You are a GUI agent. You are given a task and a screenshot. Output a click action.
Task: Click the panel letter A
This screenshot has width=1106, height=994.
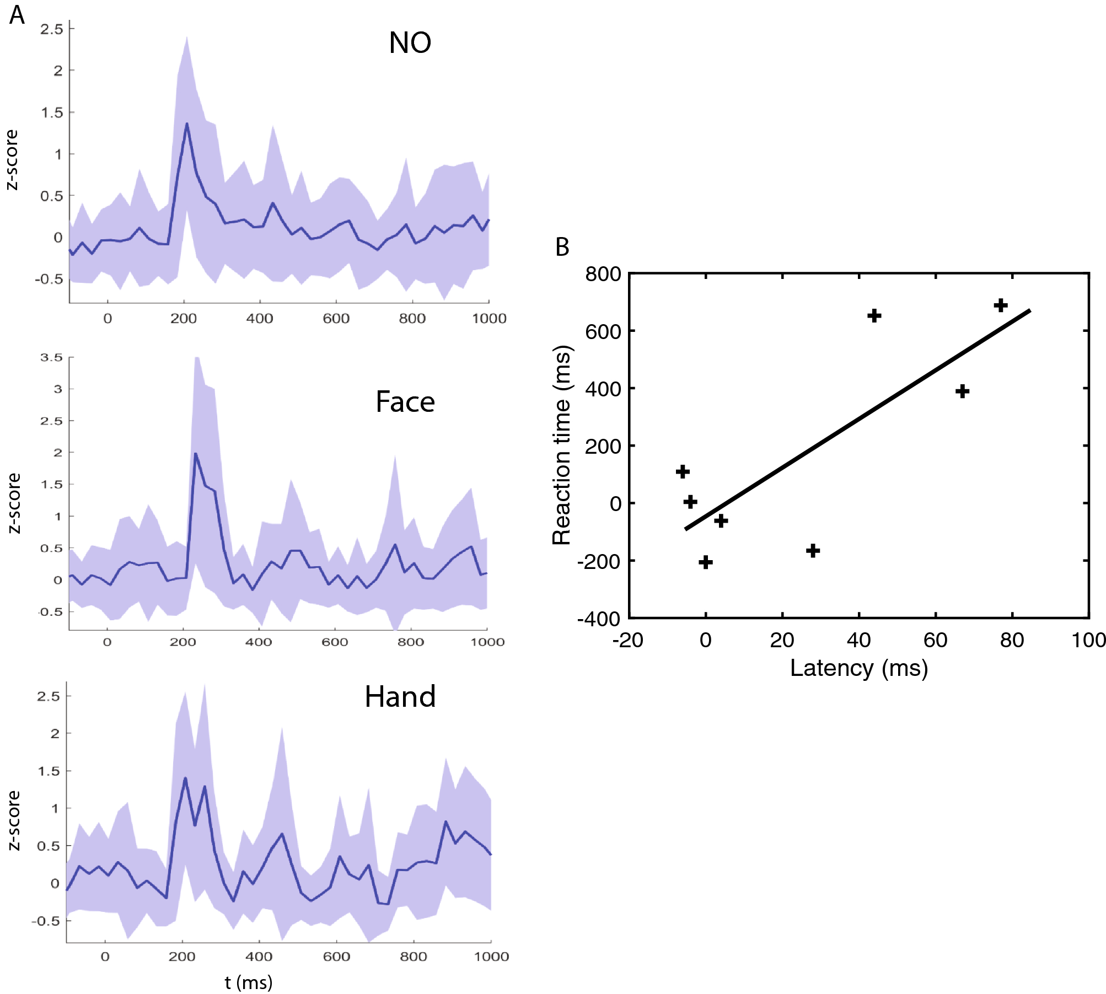[x=17, y=15]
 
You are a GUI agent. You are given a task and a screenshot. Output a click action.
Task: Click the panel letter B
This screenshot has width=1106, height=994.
[x=562, y=247]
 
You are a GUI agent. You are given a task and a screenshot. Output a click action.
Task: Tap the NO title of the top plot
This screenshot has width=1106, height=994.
[x=410, y=42]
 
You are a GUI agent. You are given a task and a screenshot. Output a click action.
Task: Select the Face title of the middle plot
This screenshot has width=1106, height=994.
[x=405, y=402]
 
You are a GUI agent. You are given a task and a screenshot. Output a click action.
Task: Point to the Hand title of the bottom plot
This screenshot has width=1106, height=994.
[x=400, y=697]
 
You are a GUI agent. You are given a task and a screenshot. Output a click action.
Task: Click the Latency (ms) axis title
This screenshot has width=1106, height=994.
[x=858, y=668]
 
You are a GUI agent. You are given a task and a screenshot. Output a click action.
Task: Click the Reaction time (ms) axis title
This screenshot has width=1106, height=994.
[x=561, y=445]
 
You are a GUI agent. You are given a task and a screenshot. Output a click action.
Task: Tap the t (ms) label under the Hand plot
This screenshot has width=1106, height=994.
[x=249, y=982]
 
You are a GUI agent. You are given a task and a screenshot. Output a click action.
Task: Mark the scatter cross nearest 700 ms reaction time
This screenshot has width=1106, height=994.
[x=1001, y=305]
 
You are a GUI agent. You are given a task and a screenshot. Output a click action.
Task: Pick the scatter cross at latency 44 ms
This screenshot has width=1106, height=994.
[x=874, y=315]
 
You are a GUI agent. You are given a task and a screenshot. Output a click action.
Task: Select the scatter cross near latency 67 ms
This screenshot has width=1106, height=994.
[x=962, y=391]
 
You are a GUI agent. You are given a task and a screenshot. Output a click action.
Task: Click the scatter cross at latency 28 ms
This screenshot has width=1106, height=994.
[x=813, y=550]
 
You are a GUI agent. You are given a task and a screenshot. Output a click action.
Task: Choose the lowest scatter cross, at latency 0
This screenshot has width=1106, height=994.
[x=706, y=562]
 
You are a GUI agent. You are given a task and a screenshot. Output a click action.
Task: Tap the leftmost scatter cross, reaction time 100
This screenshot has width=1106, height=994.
[x=683, y=471]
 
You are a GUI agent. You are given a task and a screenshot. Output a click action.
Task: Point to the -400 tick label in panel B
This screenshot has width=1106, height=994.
[x=599, y=619]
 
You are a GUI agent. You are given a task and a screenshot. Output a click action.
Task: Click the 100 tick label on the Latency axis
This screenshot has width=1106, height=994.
[x=1088, y=640]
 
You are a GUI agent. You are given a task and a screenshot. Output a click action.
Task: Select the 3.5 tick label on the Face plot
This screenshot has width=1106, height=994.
[x=51, y=357]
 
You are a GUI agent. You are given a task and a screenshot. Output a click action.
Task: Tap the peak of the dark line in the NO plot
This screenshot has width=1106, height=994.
[x=187, y=123]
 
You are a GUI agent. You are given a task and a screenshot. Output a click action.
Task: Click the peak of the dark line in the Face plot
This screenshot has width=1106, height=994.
[x=195, y=454]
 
